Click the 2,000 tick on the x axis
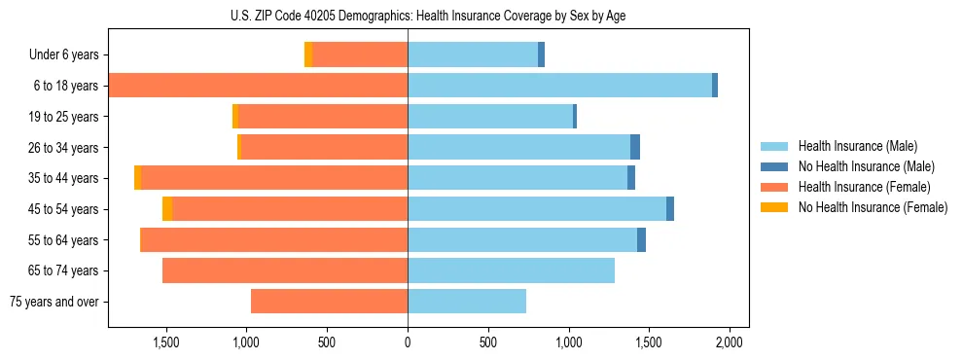[730, 342]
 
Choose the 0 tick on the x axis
[408, 342]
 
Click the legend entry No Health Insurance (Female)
[873, 207]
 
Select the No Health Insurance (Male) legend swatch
[775, 166]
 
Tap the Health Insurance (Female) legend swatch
[775, 187]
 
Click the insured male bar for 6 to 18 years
[559, 86]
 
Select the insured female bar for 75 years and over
[329, 302]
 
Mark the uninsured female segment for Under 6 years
[308, 55]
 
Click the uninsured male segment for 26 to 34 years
[635, 147]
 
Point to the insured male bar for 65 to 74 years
[511, 270]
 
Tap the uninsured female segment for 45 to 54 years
[167, 209]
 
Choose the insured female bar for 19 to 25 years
[323, 117]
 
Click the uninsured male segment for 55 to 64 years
[641, 239]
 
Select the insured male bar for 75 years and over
[467, 302]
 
